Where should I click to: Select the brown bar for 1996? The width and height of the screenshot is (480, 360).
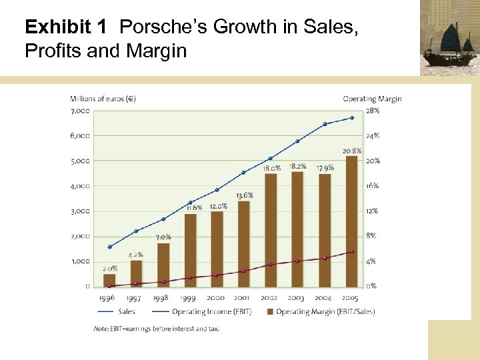pos(109,280)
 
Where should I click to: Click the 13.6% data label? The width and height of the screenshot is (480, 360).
pos(244,195)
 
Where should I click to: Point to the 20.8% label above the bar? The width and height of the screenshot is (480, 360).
pos(352,151)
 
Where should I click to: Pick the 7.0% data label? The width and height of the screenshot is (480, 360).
pos(163,237)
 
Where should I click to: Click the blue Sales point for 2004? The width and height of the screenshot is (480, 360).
pos(325,124)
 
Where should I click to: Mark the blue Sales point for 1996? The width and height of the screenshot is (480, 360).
pos(109,247)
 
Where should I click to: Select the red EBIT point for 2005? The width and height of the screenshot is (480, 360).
pos(352,251)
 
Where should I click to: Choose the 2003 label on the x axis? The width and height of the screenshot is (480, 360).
pos(297,298)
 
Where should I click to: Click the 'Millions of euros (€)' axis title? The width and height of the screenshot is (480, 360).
pos(103,99)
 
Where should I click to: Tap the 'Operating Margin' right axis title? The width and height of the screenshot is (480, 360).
pos(372,99)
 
